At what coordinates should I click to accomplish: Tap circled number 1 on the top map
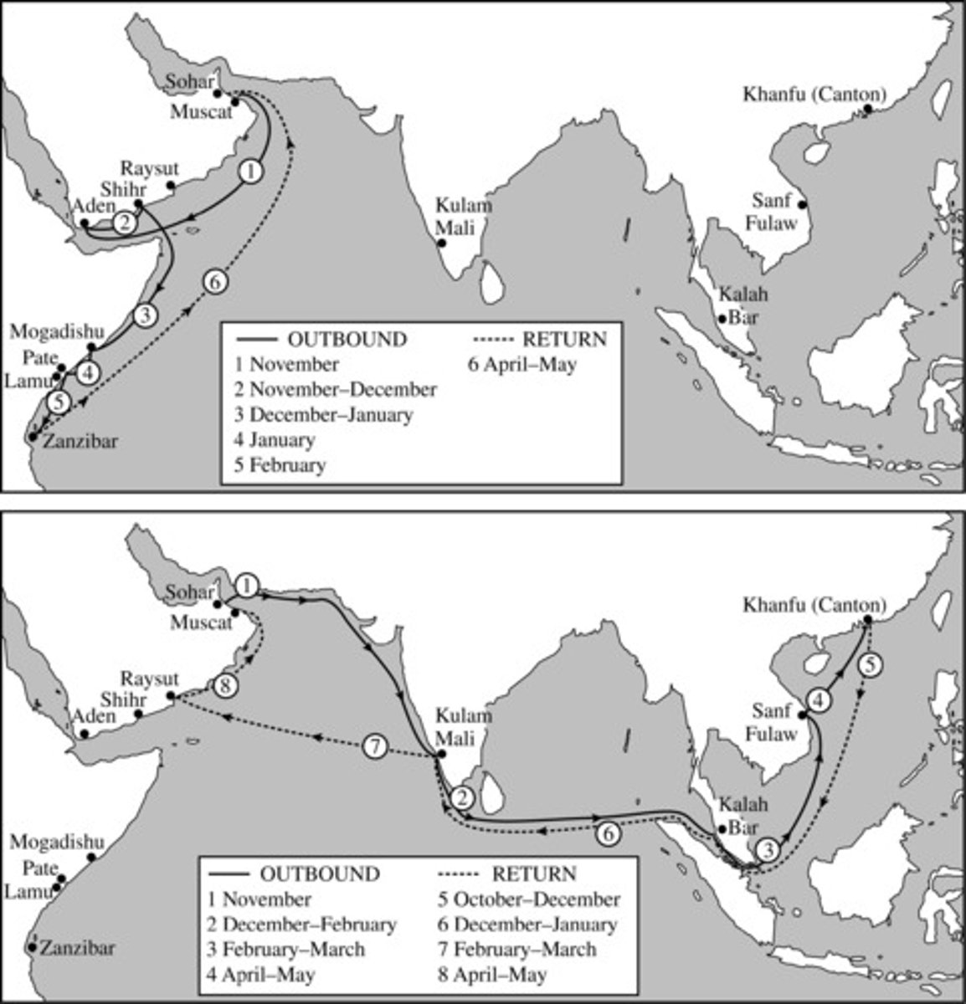(250, 172)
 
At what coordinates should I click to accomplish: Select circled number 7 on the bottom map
(376, 746)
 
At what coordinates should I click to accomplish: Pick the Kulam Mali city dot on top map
(442, 243)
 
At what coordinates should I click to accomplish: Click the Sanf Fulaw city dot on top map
(802, 204)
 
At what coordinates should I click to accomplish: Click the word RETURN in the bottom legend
(533, 874)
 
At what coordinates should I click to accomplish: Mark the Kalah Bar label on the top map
(744, 306)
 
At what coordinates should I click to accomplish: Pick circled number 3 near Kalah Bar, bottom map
(768, 848)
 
